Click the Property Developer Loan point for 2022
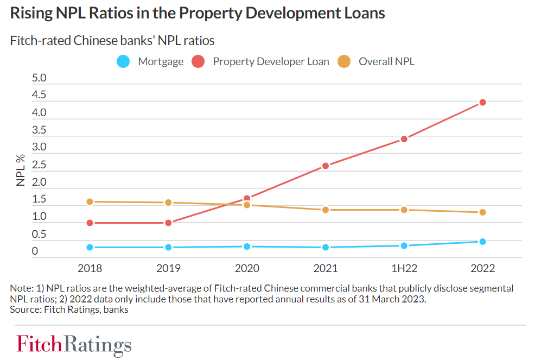[482, 102]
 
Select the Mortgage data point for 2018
[90, 247]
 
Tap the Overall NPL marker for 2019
[168, 203]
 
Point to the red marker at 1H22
[404, 138]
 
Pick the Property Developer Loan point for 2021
[326, 166]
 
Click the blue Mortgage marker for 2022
[482, 242]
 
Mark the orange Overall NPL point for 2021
[326, 210]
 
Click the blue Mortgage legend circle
[124, 61]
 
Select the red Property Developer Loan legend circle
[199, 61]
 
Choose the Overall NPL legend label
[386, 61]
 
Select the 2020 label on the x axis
[247, 268]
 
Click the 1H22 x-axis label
[404, 268]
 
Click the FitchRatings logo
[74, 344]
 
